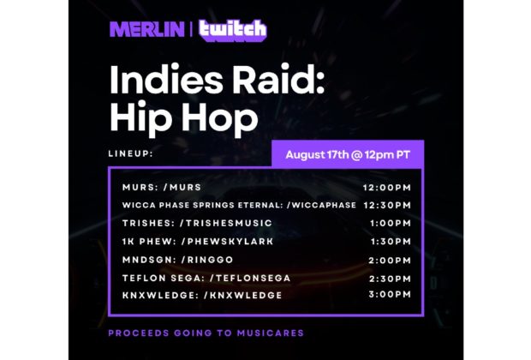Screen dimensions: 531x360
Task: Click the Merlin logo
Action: (147, 29)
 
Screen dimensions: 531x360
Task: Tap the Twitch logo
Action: (233, 31)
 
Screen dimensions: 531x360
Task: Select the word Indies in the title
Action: (166, 79)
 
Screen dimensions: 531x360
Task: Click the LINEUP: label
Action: (131, 153)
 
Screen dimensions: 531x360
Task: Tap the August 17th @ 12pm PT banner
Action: (348, 155)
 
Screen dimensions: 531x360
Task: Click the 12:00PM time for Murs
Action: (387, 188)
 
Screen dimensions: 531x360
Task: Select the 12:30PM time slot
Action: (387, 205)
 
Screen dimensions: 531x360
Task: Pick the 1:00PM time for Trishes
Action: (391, 223)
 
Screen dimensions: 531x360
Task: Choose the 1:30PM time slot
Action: (391, 242)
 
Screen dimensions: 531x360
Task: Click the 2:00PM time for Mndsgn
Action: (390, 261)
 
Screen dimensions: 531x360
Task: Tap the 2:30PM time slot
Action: (391, 279)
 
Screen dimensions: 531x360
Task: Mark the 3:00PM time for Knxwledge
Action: (390, 294)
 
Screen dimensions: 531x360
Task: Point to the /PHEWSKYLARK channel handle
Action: (227, 242)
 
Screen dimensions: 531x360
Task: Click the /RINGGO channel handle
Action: (207, 260)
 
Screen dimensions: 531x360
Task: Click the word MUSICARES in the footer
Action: (271, 333)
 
